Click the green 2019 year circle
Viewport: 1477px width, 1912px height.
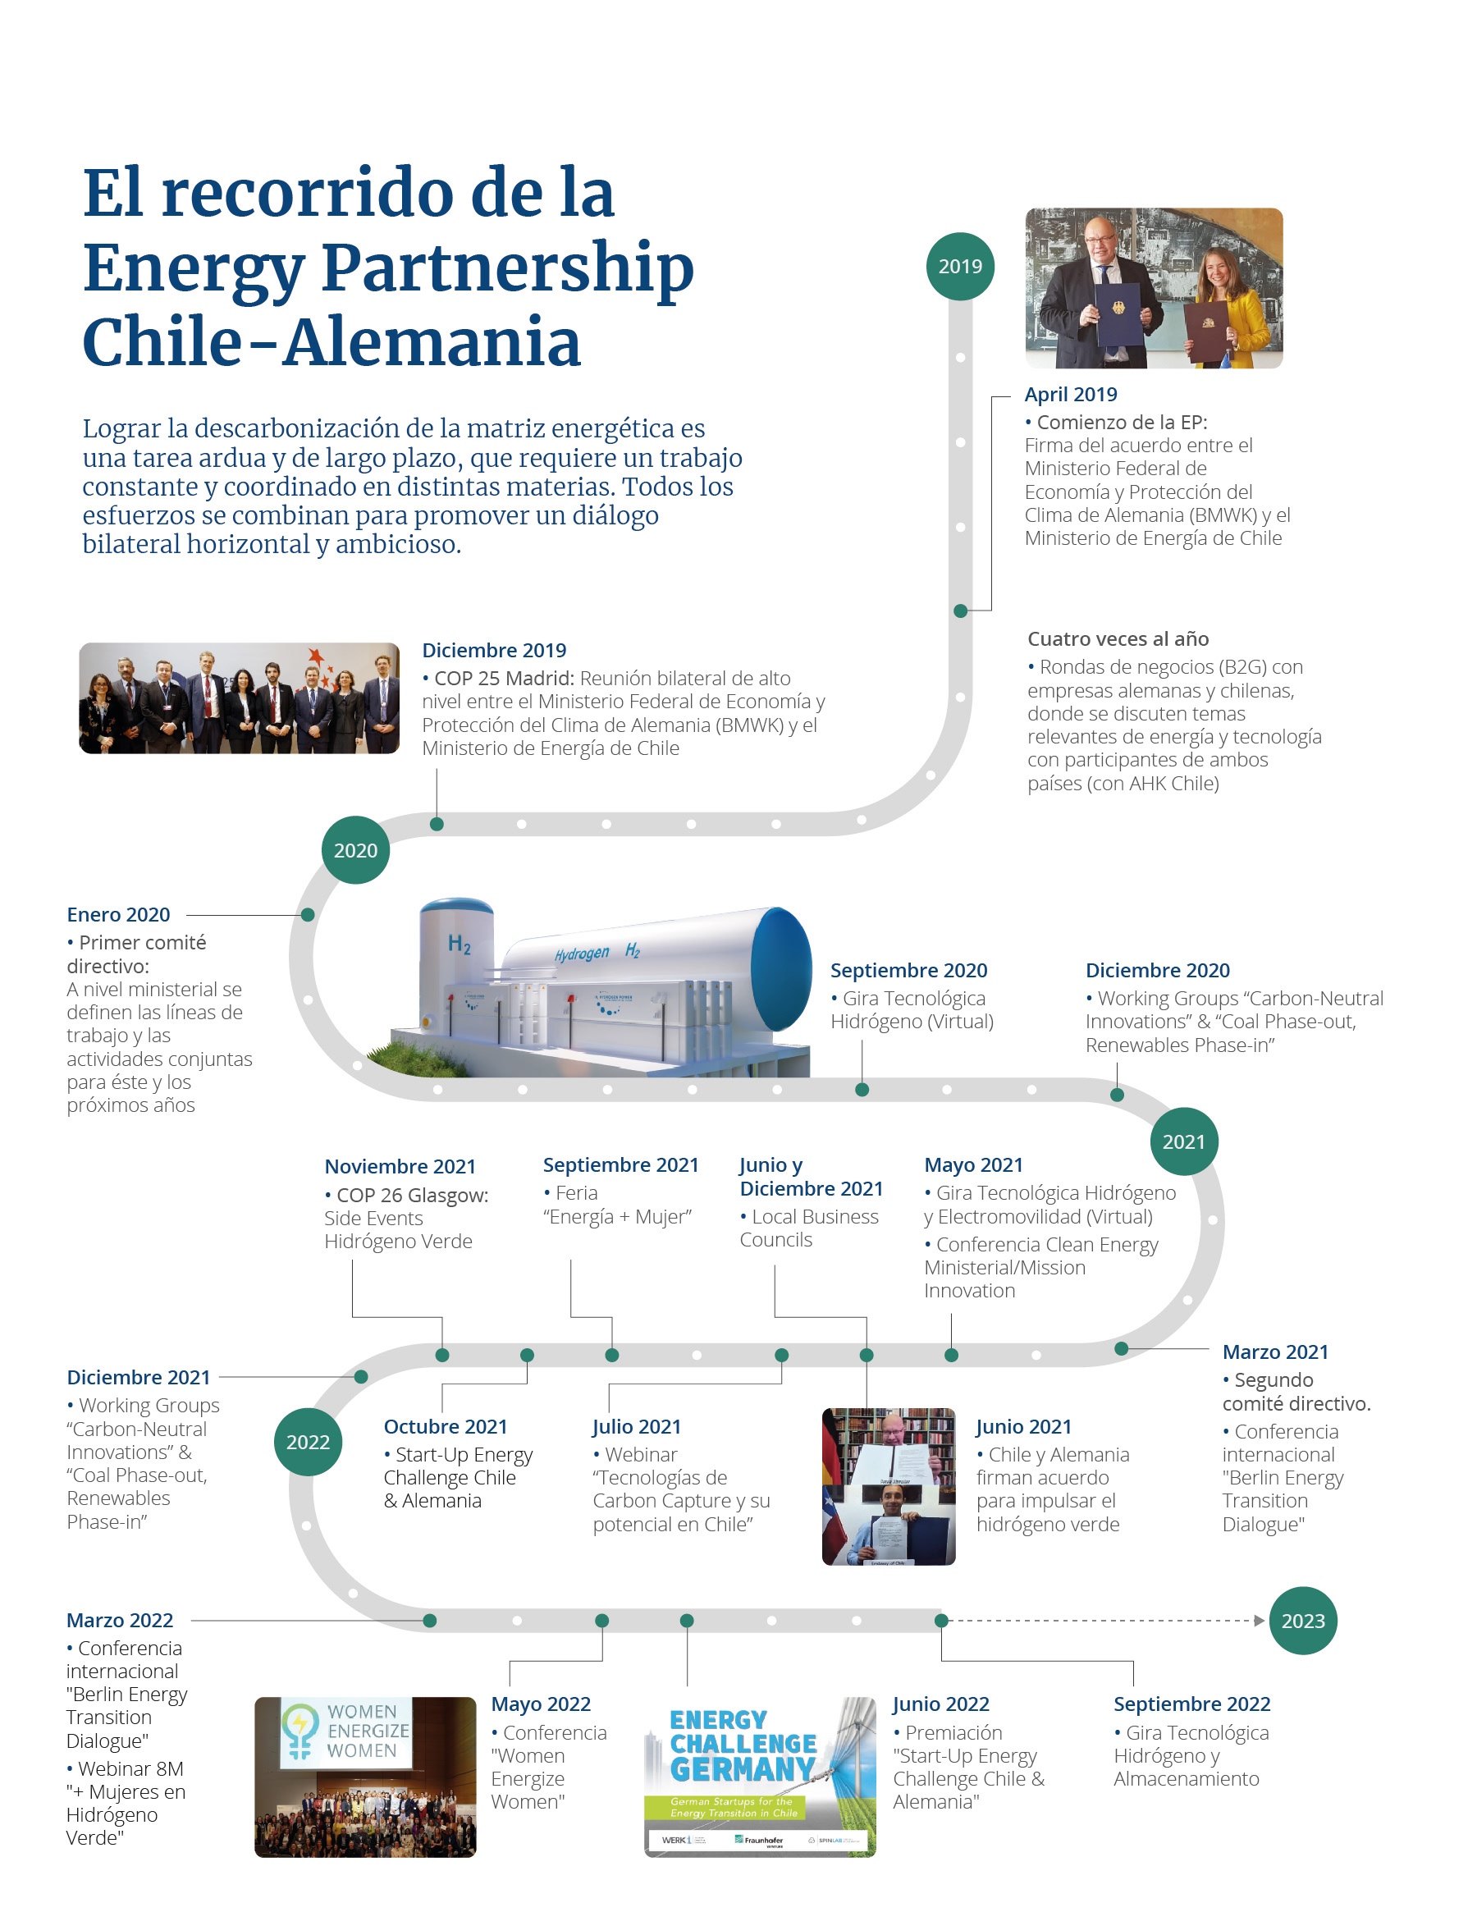[959, 266]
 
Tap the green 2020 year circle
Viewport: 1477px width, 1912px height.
[355, 850]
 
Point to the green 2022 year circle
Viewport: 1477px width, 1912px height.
[308, 1442]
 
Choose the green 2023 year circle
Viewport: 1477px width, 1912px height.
[1302, 1621]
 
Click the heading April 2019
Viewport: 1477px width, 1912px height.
[1070, 395]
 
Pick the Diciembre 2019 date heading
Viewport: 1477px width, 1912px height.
[494, 651]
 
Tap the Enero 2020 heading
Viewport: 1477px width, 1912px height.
[118, 915]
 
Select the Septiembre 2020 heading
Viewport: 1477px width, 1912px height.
[908, 971]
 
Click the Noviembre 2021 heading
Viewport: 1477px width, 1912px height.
[400, 1167]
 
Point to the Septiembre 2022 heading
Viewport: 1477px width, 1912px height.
[1191, 1704]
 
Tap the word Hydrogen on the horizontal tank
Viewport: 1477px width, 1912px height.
[581, 954]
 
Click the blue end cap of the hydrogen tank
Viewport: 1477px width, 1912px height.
[781, 968]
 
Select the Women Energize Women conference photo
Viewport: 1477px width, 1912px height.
[365, 1777]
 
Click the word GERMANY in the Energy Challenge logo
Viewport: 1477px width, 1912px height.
[743, 1769]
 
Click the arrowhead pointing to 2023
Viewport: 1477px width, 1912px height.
[1259, 1621]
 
